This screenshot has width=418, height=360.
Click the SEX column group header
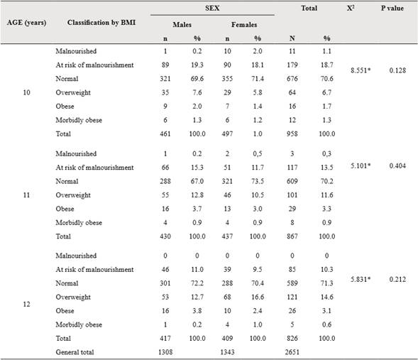[212, 9]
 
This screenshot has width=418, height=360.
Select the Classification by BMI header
[101, 23]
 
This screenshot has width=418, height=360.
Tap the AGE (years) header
[27, 23]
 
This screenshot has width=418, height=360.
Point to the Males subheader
[182, 23]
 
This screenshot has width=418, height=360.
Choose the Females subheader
[243, 23]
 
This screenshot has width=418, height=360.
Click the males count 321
[163, 77]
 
